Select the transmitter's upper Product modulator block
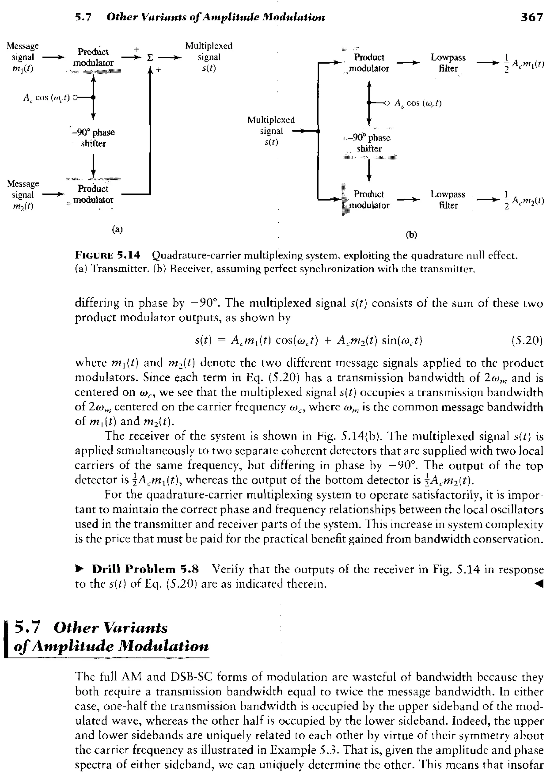pos(93,57)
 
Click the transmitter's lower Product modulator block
pos(93,194)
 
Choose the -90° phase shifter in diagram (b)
pos(369,143)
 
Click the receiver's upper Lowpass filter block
pos(448,63)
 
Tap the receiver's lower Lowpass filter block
pos(448,200)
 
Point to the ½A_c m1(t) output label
pos(524,64)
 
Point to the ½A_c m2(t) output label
pos(524,200)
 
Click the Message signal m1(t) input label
pos(22,57)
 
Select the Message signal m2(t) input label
pos(22,195)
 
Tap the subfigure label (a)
pos(117,229)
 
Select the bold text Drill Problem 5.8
pos(145,569)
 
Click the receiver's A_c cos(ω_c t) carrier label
pos(418,103)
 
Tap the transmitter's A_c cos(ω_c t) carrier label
pos(47,98)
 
